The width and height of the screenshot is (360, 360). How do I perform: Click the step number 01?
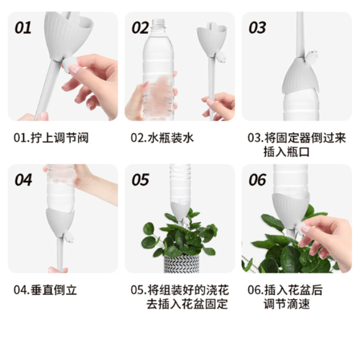(x=23, y=28)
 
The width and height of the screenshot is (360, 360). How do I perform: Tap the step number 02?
(x=140, y=28)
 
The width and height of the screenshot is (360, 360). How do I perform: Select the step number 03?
(x=257, y=28)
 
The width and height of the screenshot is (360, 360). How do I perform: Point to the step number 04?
(x=23, y=180)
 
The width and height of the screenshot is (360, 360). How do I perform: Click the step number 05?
(x=140, y=180)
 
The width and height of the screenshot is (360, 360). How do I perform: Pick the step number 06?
(x=257, y=180)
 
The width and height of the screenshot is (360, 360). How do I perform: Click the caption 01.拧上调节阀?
(x=51, y=138)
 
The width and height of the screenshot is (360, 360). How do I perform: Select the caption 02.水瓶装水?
(x=162, y=138)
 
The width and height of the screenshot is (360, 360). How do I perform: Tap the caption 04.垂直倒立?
(x=45, y=290)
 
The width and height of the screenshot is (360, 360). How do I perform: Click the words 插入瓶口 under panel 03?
(x=286, y=152)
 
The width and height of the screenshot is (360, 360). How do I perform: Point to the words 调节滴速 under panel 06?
(x=287, y=304)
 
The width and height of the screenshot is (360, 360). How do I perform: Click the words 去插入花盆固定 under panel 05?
(x=187, y=304)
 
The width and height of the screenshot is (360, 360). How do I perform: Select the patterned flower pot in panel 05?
(x=182, y=264)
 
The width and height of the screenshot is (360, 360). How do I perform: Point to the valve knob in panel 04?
(x=69, y=237)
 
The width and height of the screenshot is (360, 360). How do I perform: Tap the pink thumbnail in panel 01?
(x=74, y=69)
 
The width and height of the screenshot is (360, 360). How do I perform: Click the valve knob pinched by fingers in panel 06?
(x=300, y=228)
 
